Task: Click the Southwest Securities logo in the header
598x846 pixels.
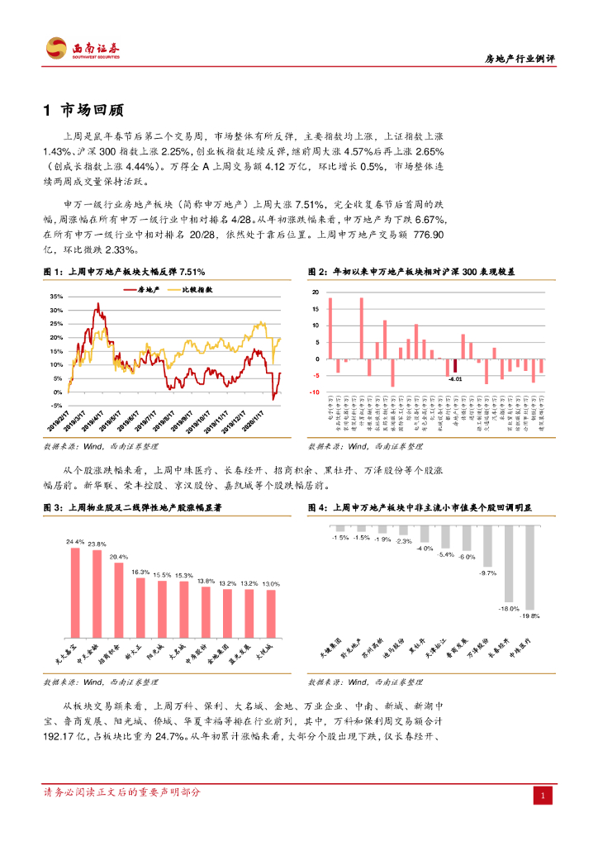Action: tap(83, 49)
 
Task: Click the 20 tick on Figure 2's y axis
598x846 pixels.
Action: tap(315, 293)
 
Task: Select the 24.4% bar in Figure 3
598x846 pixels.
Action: tap(75, 587)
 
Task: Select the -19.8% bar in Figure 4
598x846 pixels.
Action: tap(529, 571)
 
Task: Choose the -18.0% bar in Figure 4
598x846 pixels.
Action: tap(509, 568)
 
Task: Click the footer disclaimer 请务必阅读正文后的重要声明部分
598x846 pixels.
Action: tap(121, 792)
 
